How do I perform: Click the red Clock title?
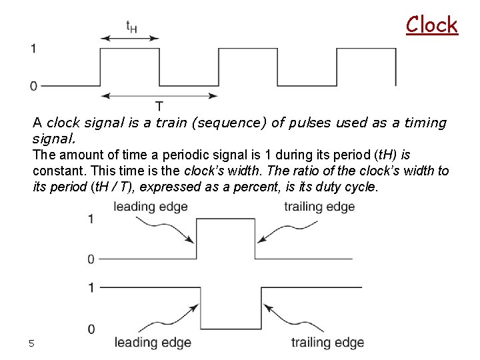pyautogui.click(x=432, y=25)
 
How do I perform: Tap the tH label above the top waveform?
pyautogui.click(x=132, y=27)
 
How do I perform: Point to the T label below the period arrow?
pyautogui.click(x=160, y=106)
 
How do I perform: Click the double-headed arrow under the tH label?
pyautogui.click(x=130, y=39)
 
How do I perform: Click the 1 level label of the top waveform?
pyautogui.click(x=34, y=48)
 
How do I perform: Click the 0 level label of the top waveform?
pyautogui.click(x=34, y=85)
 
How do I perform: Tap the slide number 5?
pyautogui.click(x=31, y=343)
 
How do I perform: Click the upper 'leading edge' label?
pyautogui.click(x=150, y=206)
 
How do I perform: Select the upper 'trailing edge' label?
pyautogui.click(x=319, y=206)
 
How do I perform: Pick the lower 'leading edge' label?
pyautogui.click(x=153, y=343)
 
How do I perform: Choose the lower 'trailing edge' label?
pyautogui.click(x=327, y=343)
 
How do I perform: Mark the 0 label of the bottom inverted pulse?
pyautogui.click(x=91, y=329)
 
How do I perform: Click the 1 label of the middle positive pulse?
pyautogui.click(x=91, y=219)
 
